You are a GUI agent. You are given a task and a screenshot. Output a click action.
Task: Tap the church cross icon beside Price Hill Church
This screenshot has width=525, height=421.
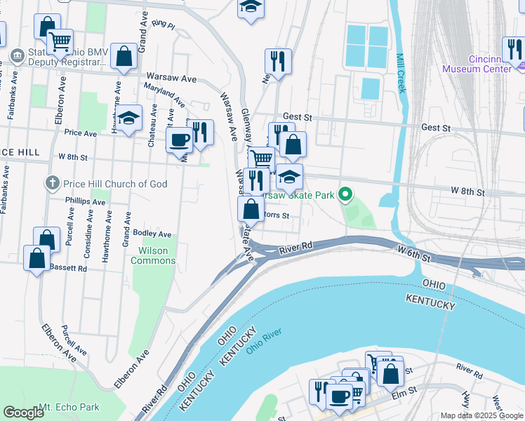pos(51,184)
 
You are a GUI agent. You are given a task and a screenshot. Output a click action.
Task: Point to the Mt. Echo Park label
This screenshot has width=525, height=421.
pos(69,407)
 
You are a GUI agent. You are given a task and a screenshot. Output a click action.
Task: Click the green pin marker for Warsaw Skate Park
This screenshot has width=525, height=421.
pos(345,194)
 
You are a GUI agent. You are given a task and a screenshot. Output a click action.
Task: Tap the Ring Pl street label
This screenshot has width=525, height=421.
pos(167,25)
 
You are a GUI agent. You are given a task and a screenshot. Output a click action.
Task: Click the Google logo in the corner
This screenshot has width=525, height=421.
pos(23,413)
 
